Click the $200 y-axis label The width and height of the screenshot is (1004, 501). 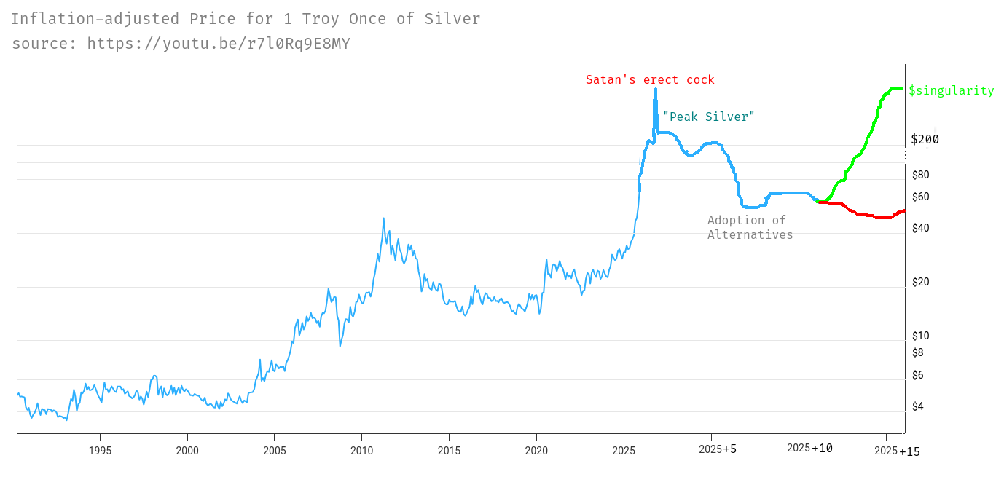(x=925, y=139)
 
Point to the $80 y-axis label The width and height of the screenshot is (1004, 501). (x=921, y=175)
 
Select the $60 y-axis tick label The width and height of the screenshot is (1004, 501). (x=921, y=197)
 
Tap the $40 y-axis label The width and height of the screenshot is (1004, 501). (x=921, y=228)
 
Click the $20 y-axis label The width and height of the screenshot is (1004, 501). (x=921, y=282)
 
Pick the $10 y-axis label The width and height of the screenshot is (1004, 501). (x=921, y=336)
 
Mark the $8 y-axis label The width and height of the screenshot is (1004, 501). (x=918, y=352)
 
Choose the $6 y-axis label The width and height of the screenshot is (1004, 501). (x=918, y=375)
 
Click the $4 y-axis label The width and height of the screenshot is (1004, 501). (x=918, y=406)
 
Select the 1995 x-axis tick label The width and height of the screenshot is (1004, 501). (x=100, y=450)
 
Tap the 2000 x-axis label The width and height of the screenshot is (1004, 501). (x=187, y=450)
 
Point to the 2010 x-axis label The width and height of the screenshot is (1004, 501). (x=361, y=450)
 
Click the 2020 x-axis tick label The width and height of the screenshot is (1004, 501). (x=536, y=450)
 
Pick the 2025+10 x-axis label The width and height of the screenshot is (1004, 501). (x=809, y=448)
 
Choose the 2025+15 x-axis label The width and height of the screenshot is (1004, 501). (x=897, y=451)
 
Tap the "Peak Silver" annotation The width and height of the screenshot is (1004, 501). (x=708, y=117)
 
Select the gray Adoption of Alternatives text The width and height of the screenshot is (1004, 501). (x=749, y=227)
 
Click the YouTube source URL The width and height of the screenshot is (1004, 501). (x=219, y=44)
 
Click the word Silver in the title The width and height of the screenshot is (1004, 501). (x=452, y=19)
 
